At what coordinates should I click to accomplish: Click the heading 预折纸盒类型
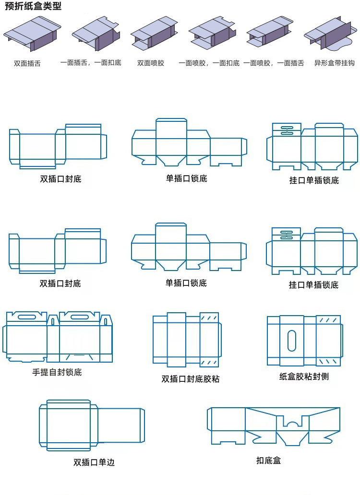[x=33, y=7]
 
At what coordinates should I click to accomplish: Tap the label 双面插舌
[x=27, y=63]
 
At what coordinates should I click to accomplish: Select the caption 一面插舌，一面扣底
[x=91, y=63]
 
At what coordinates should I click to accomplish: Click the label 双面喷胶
[x=151, y=63]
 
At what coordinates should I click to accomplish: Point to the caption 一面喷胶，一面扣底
[x=209, y=63]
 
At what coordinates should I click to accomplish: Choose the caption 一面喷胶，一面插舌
[x=274, y=63]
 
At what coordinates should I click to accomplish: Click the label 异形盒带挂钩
[x=334, y=63]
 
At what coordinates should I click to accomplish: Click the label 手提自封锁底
[x=57, y=372]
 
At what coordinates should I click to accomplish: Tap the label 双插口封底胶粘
[x=191, y=379]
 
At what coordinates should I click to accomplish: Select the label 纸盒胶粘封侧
[x=304, y=377]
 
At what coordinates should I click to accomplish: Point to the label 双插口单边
[x=94, y=462]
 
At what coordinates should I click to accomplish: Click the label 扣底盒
[x=268, y=460]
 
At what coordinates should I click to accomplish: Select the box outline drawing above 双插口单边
[x=91, y=425]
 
